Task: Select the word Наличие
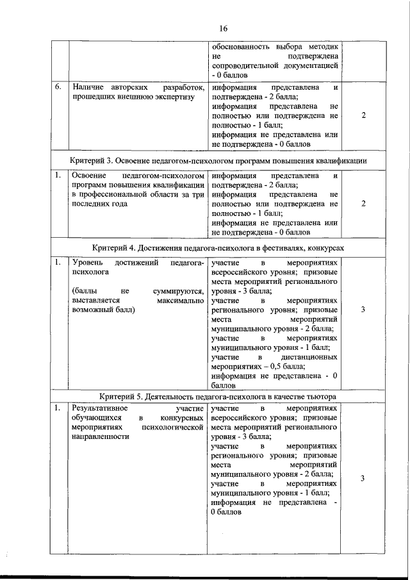(88, 87)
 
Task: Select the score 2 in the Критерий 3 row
(363, 203)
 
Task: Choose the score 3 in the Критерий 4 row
(363, 310)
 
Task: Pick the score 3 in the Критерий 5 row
(363, 479)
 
